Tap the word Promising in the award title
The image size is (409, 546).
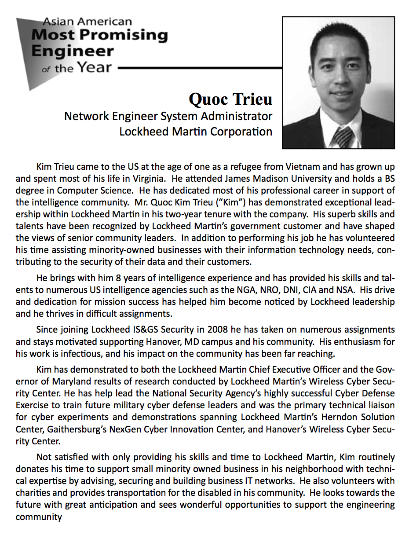coord(128,35)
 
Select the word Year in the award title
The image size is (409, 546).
coord(95,67)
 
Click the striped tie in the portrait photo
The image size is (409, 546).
coord(342,137)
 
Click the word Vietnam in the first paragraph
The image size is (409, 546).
coord(304,167)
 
